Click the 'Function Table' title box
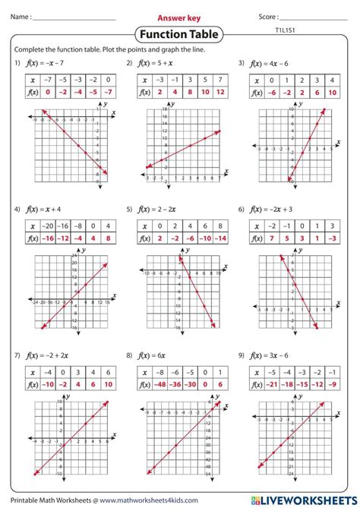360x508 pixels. tap(179, 34)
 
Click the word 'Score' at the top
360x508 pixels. tap(267, 17)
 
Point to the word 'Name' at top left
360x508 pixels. tap(21, 17)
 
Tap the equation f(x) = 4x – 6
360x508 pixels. tap(273, 64)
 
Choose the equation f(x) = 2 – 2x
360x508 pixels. tap(161, 208)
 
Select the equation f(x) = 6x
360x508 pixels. tap(155, 355)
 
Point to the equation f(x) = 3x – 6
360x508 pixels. tap(273, 355)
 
